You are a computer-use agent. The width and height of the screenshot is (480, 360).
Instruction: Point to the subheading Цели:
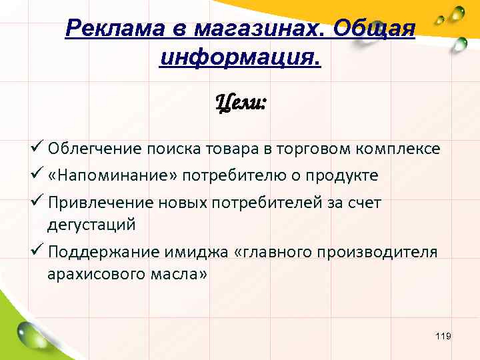(x=241, y=103)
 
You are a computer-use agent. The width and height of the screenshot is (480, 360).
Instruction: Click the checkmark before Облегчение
(x=37, y=148)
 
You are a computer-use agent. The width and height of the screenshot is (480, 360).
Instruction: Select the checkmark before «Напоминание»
(x=37, y=175)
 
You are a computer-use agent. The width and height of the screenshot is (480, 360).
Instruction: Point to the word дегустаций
(x=91, y=225)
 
